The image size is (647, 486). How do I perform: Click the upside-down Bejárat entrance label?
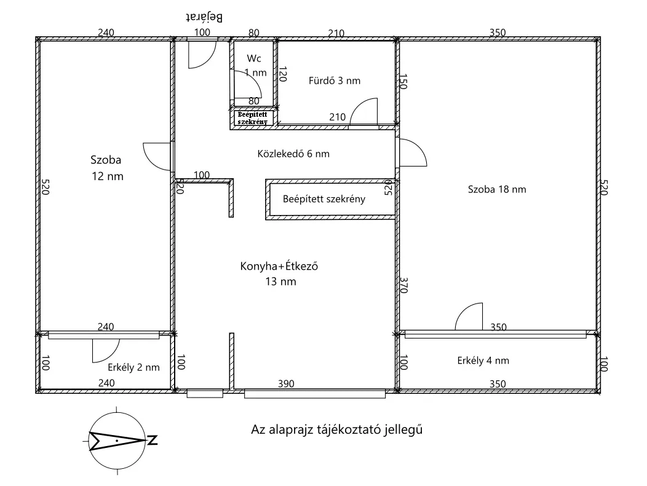(x=204, y=17)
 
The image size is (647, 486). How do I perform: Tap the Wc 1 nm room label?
(x=255, y=66)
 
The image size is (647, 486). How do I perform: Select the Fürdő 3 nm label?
(x=334, y=80)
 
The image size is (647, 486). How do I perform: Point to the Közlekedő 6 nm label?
(x=293, y=154)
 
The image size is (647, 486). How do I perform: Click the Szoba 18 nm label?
(x=497, y=189)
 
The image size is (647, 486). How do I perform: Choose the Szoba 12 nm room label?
(x=106, y=168)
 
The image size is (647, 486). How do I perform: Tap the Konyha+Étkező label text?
(x=279, y=266)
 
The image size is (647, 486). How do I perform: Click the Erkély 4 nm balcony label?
(x=483, y=360)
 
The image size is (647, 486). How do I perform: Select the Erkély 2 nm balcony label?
(x=133, y=367)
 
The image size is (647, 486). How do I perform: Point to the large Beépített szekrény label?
(x=324, y=199)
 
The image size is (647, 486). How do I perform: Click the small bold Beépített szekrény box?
(x=253, y=118)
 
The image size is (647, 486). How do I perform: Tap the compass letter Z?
(x=153, y=440)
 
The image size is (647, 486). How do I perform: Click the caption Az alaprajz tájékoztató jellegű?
(x=336, y=429)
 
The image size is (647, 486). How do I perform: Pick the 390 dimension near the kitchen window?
(x=286, y=384)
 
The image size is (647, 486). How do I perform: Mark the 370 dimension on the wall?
(x=404, y=285)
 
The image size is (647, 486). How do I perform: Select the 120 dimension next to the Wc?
(x=283, y=74)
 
